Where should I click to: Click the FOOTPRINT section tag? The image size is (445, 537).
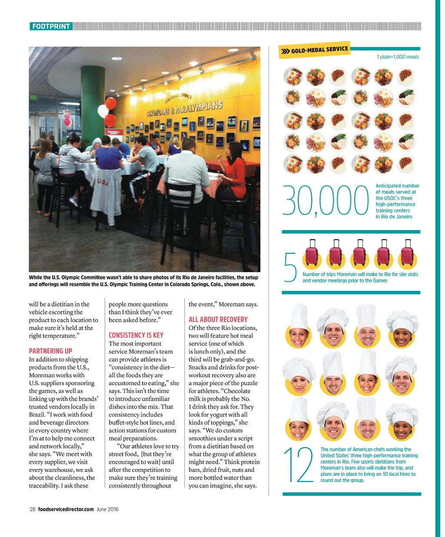(51, 26)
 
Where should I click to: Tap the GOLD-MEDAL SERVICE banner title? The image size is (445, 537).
(319, 50)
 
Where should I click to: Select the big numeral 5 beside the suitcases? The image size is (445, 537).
(290, 267)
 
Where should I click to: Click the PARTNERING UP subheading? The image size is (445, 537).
(50, 351)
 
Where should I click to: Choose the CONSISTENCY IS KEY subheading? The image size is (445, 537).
(136, 335)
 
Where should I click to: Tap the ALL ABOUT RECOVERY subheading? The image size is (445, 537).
(218, 319)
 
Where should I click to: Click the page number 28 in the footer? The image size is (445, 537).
(33, 509)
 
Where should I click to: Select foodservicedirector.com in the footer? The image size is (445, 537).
(66, 509)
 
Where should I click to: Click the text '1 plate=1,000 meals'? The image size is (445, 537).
(397, 57)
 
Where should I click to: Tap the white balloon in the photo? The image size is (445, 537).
(103, 111)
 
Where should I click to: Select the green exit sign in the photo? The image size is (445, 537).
(33, 97)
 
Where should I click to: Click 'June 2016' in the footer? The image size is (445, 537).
(107, 509)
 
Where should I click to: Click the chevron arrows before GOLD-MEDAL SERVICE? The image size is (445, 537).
(285, 52)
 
